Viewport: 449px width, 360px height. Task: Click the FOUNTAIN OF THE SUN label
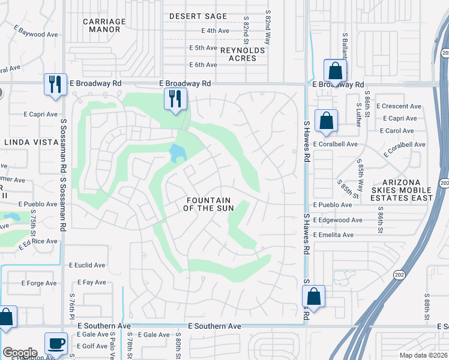(208, 204)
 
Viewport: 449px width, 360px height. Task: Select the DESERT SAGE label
(198, 16)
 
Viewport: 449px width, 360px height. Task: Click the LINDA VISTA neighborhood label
(29, 142)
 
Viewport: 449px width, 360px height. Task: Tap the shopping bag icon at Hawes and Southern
(313, 296)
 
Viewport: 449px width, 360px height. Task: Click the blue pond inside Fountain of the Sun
(177, 154)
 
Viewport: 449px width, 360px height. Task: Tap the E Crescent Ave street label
(399, 106)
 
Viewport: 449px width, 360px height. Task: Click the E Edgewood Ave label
(337, 220)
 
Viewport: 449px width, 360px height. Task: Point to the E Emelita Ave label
(333, 235)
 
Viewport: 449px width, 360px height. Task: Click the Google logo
(20, 353)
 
